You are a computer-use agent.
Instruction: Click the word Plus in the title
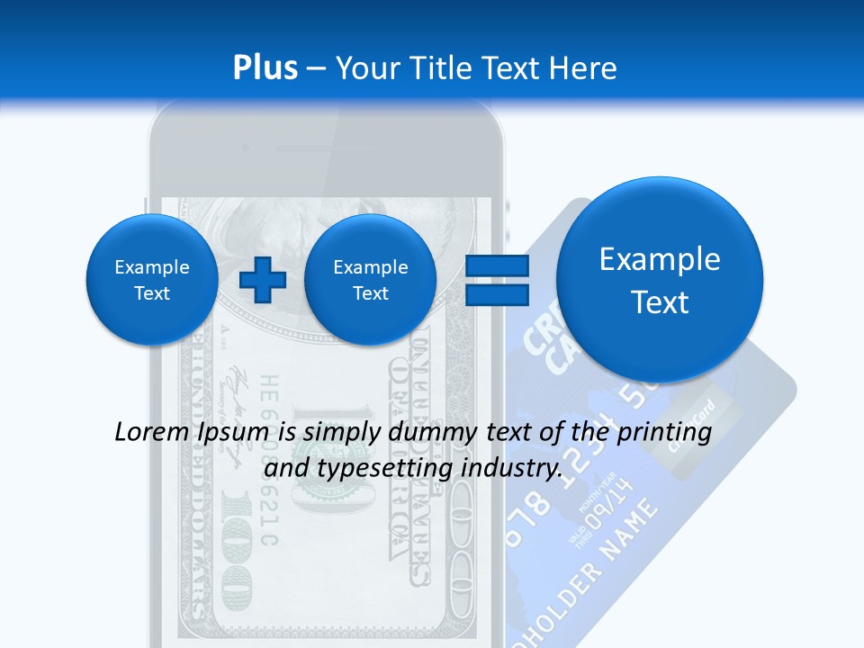[x=265, y=68]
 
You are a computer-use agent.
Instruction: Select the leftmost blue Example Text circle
[x=152, y=280]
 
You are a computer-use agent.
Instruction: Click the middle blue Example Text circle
[x=370, y=280]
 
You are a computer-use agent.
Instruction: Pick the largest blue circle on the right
[x=660, y=280]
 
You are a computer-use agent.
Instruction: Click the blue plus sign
[x=263, y=280]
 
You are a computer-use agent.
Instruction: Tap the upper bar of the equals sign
[x=496, y=265]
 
